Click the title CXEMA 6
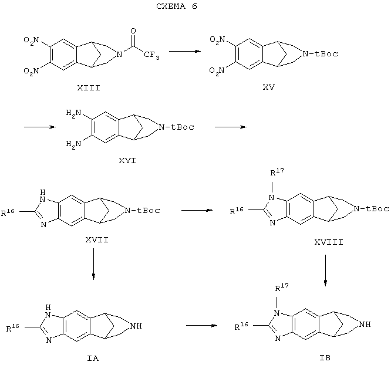click(x=177, y=6)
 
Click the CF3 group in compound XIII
click(x=151, y=55)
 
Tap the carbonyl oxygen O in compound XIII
click(x=133, y=31)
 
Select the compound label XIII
click(x=89, y=88)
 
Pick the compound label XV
click(x=268, y=87)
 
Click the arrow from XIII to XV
click(x=185, y=52)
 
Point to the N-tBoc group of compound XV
click(x=320, y=53)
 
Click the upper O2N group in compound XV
click(x=217, y=40)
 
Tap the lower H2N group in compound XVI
click(x=73, y=144)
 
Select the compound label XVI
click(x=127, y=161)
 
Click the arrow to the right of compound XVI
click(x=231, y=127)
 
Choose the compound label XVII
click(x=97, y=240)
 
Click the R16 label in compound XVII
click(x=8, y=212)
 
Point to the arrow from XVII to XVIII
click(x=197, y=210)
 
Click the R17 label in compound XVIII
click(x=277, y=172)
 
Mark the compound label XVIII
click(x=329, y=242)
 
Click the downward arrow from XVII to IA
click(x=93, y=264)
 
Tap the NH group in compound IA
click(x=136, y=326)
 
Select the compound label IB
click(x=325, y=358)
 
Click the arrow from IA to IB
click(x=202, y=325)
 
